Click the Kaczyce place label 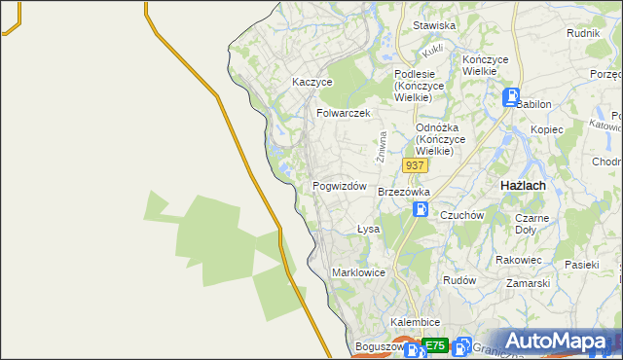[312, 83]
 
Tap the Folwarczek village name [344, 113]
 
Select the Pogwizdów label [339, 186]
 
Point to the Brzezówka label [404, 192]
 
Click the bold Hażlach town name [522, 185]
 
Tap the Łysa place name [367, 230]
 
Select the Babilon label [533, 104]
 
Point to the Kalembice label [416, 322]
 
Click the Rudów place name [459, 280]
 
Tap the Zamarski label [529, 283]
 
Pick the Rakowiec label [518, 260]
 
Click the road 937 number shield [415, 165]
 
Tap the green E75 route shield [434, 345]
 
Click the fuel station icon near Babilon [511, 97]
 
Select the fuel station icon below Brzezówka [420, 209]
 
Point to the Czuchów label [461, 215]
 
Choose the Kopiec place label [547, 129]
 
